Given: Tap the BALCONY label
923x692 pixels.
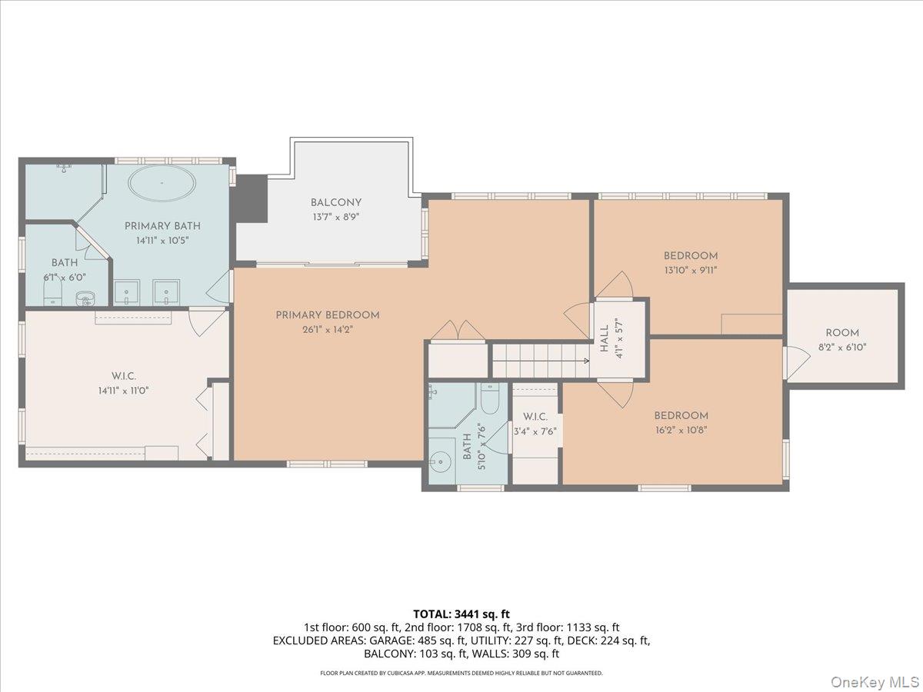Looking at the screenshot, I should [335, 203].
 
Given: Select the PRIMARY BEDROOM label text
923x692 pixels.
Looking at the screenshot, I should [328, 315].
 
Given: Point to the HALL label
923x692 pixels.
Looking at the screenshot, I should [605, 338].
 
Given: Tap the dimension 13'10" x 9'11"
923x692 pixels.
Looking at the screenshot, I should [691, 270].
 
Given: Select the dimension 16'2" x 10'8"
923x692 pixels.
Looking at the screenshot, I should [680, 430].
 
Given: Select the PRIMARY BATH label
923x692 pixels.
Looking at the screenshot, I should [162, 226].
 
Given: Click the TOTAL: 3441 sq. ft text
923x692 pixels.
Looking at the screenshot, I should [461, 614].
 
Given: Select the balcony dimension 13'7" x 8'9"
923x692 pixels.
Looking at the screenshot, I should [335, 217].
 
